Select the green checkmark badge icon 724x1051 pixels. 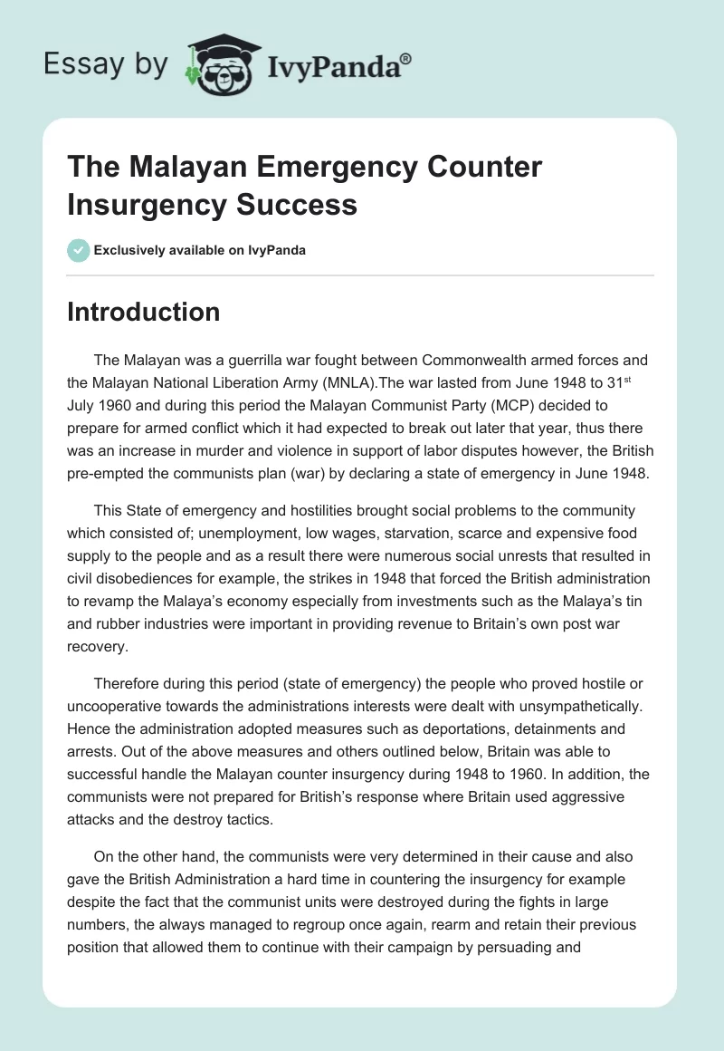78,251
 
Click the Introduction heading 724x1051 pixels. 144,313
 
